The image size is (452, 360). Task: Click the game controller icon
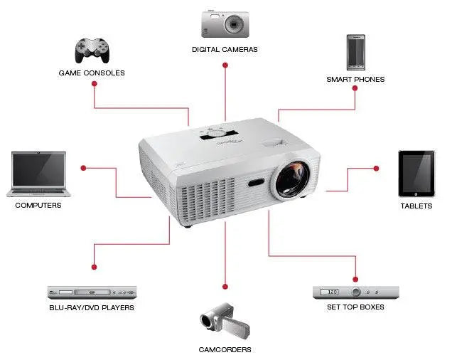pyautogui.click(x=92, y=49)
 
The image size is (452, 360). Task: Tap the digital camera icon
pyautogui.click(x=225, y=23)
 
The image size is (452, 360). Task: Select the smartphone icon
pyautogui.click(x=355, y=51)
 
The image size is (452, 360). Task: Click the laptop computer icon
pyautogui.click(x=39, y=174)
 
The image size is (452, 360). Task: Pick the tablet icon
pyautogui.click(x=416, y=174)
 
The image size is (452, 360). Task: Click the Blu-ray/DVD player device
pyautogui.click(x=92, y=292)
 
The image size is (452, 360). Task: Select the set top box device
pyautogui.click(x=355, y=292)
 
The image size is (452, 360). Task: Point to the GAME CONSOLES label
pyautogui.click(x=92, y=73)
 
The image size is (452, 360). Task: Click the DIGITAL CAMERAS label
pyautogui.click(x=225, y=50)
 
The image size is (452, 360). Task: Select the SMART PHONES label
pyautogui.click(x=355, y=80)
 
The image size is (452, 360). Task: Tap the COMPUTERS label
pyautogui.click(x=38, y=206)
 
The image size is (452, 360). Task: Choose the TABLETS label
pyautogui.click(x=416, y=206)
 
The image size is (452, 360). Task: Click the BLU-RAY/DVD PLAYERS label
pyautogui.click(x=92, y=308)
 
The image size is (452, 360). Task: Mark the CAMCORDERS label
pyautogui.click(x=225, y=350)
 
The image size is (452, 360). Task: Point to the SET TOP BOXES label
pyautogui.click(x=355, y=307)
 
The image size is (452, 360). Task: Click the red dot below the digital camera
pyautogui.click(x=225, y=65)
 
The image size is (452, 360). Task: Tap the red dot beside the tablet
pyautogui.click(x=376, y=169)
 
